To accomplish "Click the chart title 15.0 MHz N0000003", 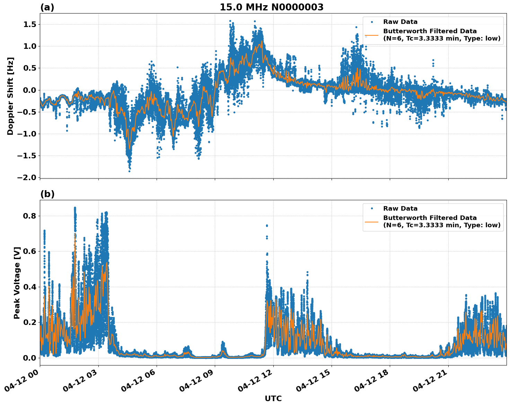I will click(271, 7).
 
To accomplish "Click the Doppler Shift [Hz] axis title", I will click(10, 96).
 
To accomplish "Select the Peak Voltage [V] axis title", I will click(17, 283).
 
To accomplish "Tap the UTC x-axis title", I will click(273, 398).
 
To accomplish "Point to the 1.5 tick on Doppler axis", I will click(30, 24).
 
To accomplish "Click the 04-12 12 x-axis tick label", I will click(255, 383).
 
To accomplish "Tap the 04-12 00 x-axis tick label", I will click(21, 383).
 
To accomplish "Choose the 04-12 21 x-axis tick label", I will click(430, 383).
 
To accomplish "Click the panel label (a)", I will click(47, 7).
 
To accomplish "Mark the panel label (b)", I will click(47, 194).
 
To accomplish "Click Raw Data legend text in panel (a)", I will click(400, 22).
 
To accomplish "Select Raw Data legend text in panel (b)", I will click(400, 209).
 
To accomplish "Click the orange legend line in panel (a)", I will click(372, 35).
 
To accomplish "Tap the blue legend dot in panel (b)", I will click(372, 209).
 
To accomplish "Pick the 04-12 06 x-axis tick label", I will click(138, 383).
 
